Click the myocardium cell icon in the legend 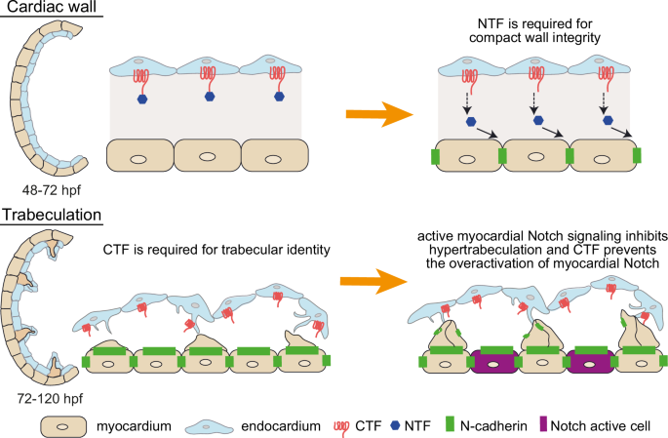64,426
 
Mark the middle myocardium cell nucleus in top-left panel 208,157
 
